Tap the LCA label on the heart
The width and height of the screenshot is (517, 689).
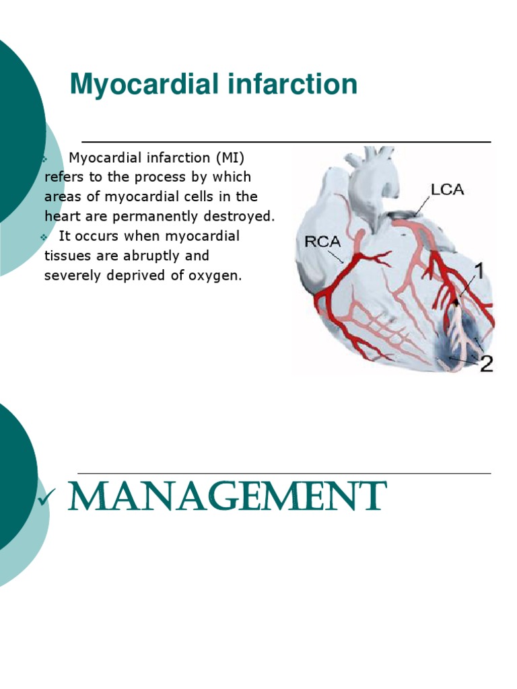point(447,189)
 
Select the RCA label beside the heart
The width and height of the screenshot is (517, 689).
point(322,241)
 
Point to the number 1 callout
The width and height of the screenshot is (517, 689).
point(479,272)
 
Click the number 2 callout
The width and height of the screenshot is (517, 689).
point(485,364)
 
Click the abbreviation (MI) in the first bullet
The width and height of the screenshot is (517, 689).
point(231,158)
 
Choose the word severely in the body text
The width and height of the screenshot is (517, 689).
point(70,275)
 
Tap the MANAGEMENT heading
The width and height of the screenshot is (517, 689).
point(227,498)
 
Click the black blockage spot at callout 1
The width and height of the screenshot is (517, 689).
point(457,301)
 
